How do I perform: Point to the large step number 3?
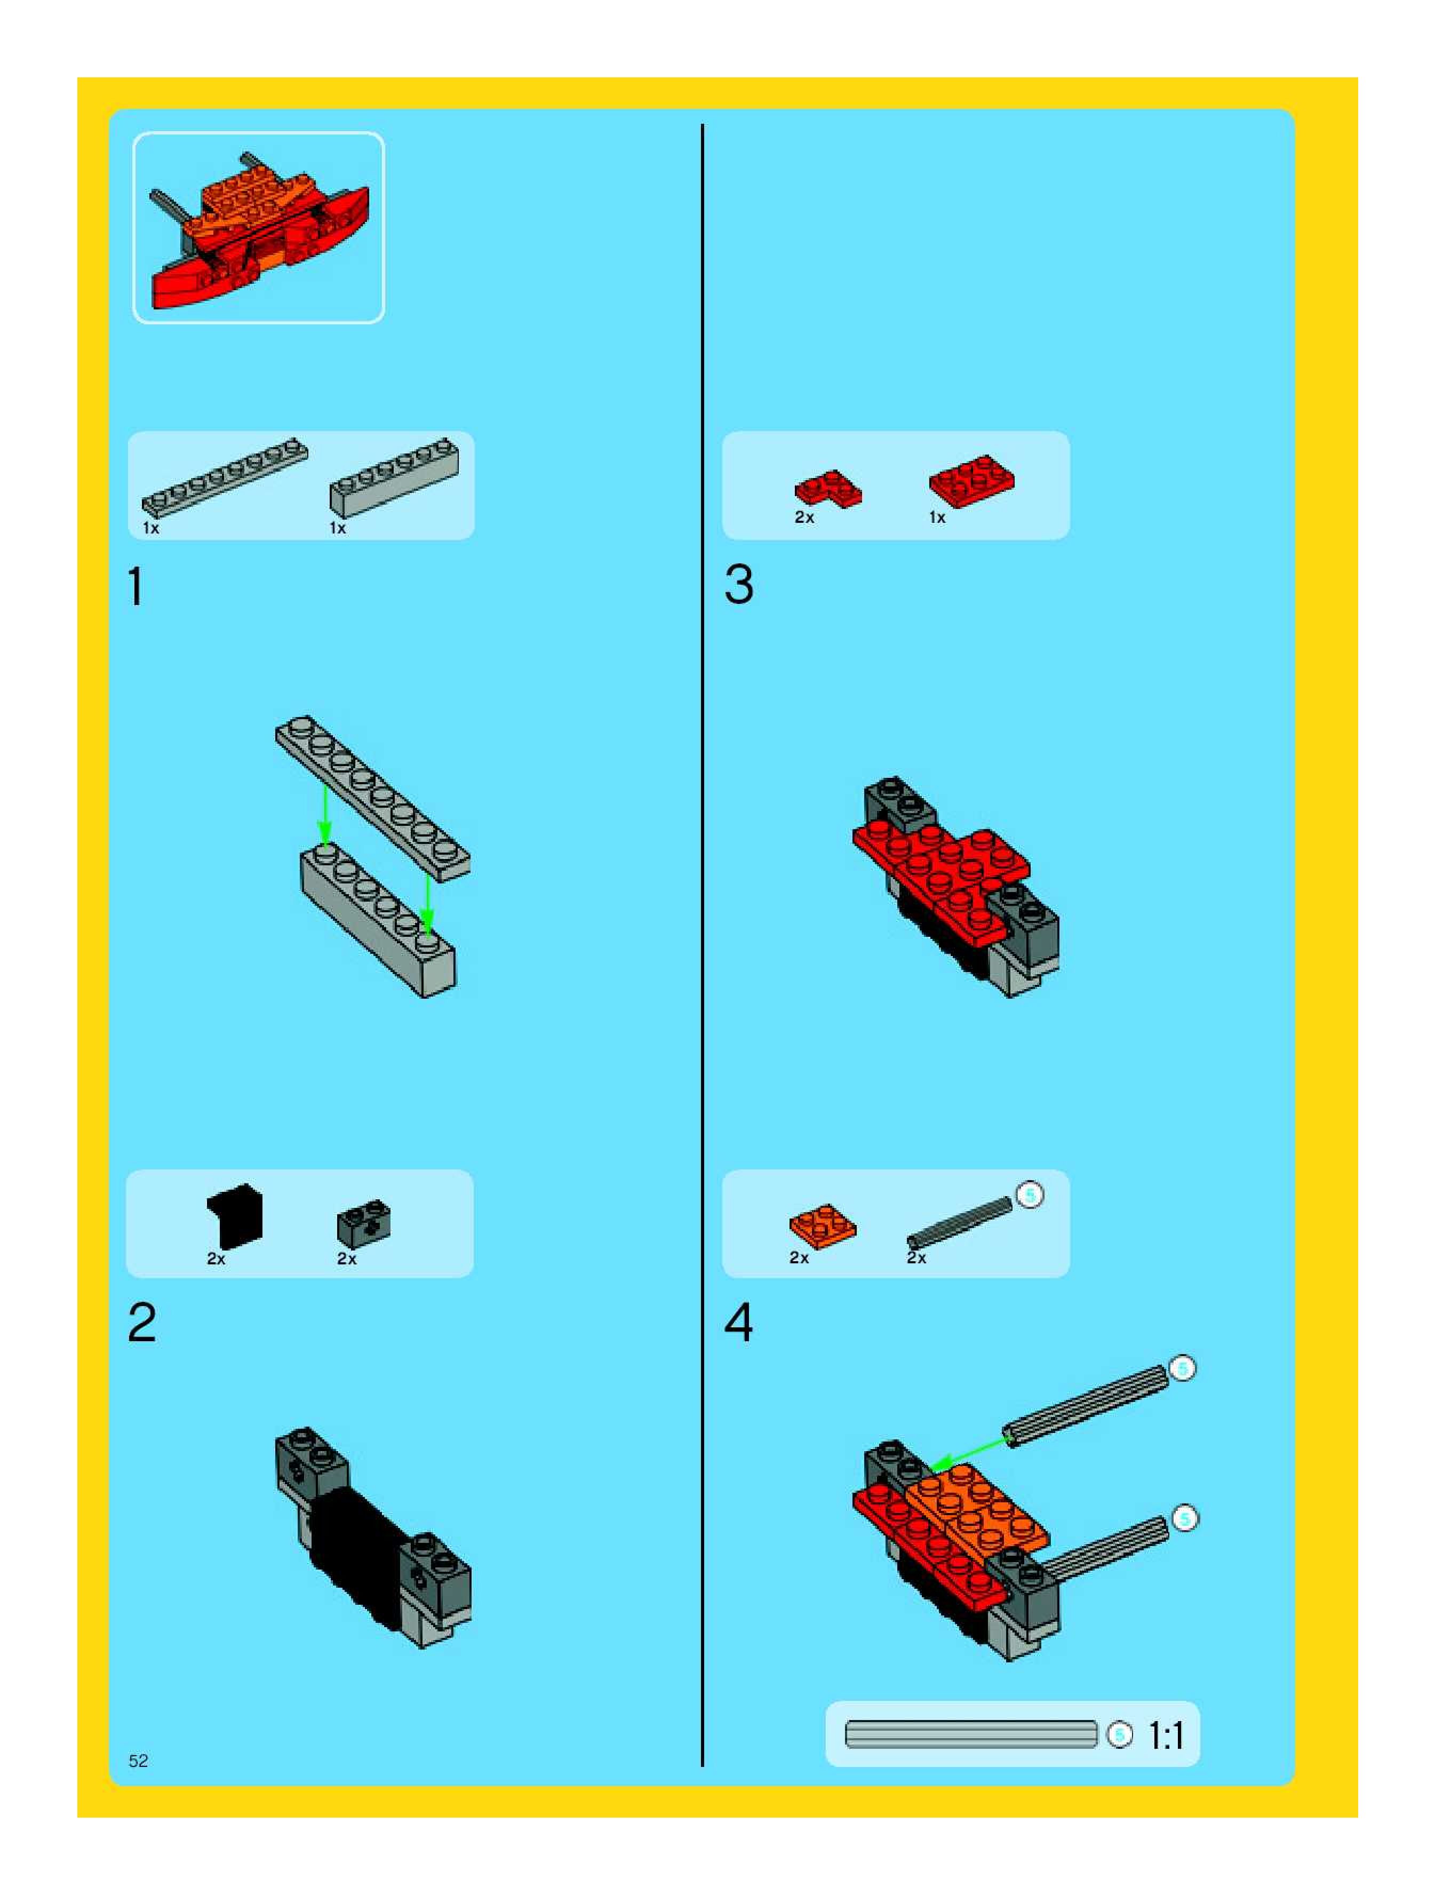[x=738, y=585]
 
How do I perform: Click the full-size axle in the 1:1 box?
[x=971, y=1735]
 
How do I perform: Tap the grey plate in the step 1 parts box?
[x=225, y=476]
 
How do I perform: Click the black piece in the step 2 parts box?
[x=235, y=1216]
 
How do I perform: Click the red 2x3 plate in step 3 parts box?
[x=971, y=481]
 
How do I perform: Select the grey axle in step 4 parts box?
[x=960, y=1221]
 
